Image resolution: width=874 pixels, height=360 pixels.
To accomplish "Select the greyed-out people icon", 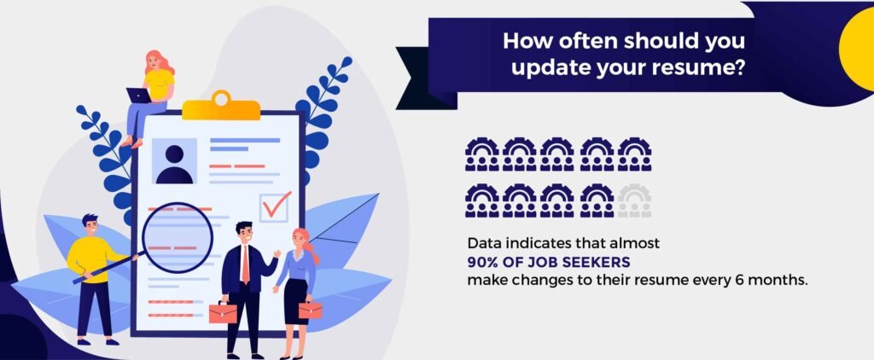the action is pos(634,200).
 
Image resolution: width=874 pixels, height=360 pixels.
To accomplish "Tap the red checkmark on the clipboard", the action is pos(277,205).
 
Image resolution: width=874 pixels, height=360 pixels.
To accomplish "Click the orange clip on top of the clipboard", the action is pos(221,105).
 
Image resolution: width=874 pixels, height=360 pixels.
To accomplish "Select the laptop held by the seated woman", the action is pos(138,96).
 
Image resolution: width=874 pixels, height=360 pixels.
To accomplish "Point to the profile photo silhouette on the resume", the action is pos(174,165).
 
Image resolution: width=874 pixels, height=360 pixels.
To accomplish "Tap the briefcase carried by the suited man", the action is pos(223,312).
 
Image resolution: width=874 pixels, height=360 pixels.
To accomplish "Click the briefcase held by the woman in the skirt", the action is pos(310,310).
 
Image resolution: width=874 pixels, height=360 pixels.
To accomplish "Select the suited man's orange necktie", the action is pos(245,264).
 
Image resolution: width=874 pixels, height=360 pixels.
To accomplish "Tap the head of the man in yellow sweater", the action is pos(90,224).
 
